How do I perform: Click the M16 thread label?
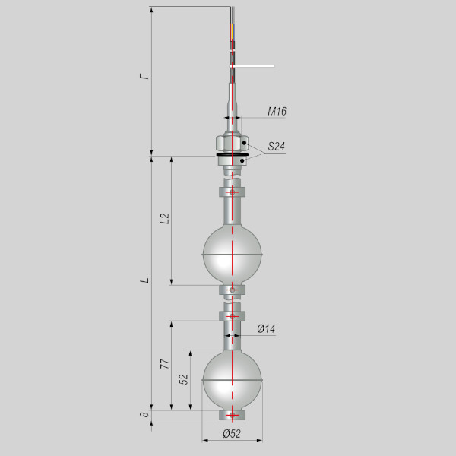(277, 112)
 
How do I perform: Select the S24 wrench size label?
(276, 146)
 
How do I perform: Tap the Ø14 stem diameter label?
(266, 329)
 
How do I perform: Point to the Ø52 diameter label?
(232, 434)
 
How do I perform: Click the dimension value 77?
(165, 364)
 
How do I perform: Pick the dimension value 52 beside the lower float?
(184, 379)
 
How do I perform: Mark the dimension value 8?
(144, 414)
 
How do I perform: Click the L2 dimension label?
(165, 218)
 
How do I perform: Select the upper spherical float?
(232, 255)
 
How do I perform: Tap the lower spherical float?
(232, 380)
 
